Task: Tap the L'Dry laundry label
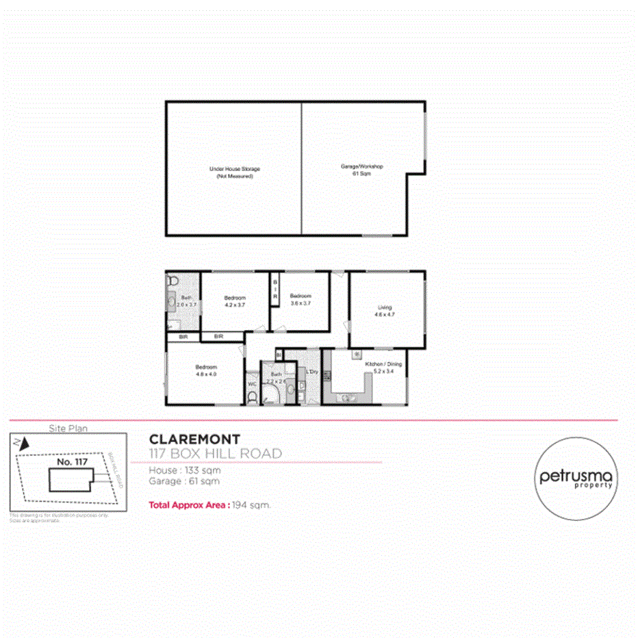coord(311,372)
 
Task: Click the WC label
coord(252,384)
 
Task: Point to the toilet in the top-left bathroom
coord(172,281)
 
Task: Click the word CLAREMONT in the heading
coord(194,439)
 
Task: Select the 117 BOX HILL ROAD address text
coord(215,453)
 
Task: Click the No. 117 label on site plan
coord(72,462)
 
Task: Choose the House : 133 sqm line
coord(184,470)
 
